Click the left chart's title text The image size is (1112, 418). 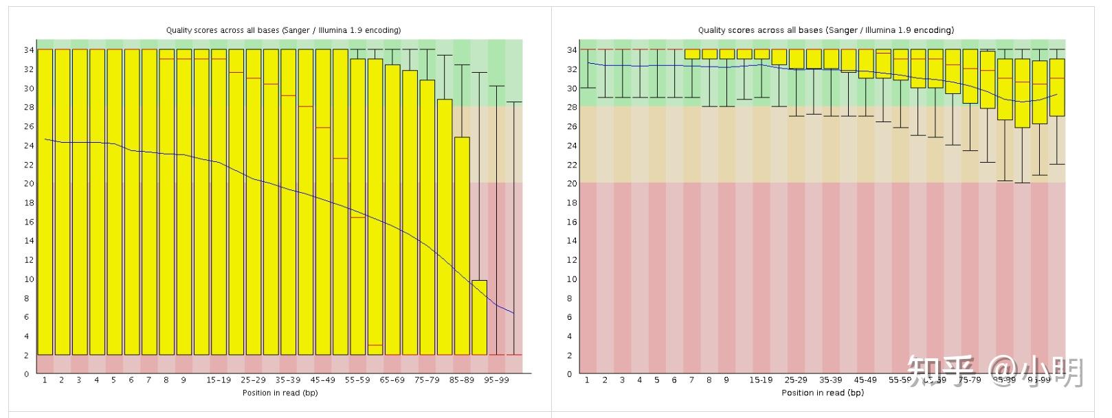(283, 30)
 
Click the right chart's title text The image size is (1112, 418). (825, 30)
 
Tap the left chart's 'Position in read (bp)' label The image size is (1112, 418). (280, 393)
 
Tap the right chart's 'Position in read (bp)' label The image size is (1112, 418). (822, 393)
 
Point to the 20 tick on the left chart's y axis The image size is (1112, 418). (27, 184)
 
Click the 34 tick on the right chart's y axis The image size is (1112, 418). (571, 50)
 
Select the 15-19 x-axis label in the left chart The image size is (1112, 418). (219, 380)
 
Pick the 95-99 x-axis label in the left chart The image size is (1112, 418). (496, 380)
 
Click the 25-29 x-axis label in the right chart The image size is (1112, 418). (796, 380)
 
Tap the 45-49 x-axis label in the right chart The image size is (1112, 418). (865, 380)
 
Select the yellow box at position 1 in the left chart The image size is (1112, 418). (45, 202)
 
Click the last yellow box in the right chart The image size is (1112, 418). (1057, 87)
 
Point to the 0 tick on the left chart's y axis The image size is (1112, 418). (27, 375)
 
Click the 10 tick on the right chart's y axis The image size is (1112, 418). (571, 279)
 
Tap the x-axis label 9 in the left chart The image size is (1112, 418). (184, 380)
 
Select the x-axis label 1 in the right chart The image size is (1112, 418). (587, 380)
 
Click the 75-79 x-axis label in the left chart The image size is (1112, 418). (427, 380)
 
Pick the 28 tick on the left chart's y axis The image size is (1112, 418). (27, 108)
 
